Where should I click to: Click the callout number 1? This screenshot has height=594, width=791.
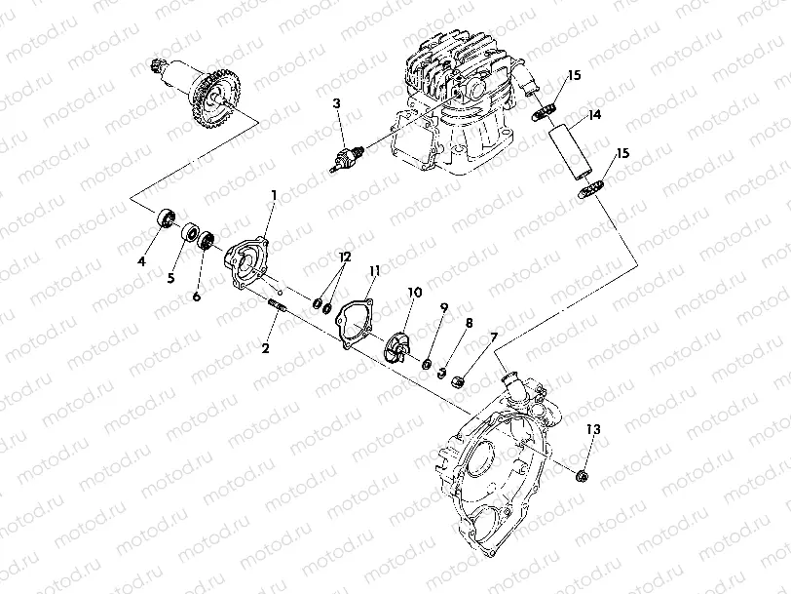(274, 195)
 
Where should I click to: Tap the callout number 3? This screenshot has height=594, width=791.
(335, 102)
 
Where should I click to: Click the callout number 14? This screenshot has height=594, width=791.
(594, 115)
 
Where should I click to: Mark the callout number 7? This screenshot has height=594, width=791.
(494, 337)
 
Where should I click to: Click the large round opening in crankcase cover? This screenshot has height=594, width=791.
(491, 468)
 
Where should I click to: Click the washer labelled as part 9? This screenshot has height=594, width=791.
(426, 365)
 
